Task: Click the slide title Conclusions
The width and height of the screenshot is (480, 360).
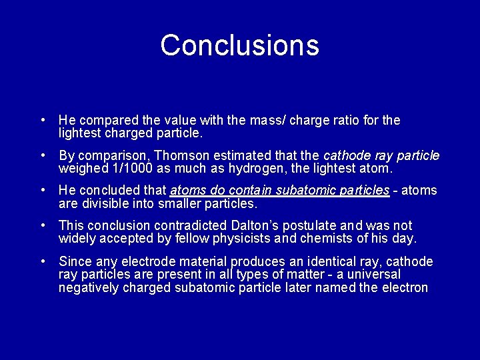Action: tap(240, 45)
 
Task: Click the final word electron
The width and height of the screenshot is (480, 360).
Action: tap(405, 288)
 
